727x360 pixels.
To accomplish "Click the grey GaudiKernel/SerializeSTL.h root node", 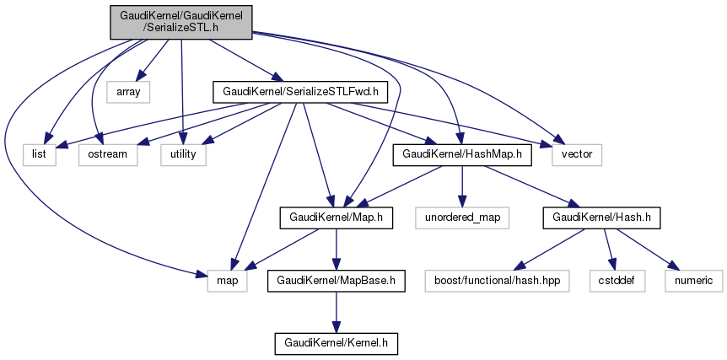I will point(180,22).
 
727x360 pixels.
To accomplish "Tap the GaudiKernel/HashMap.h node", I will point(462,154).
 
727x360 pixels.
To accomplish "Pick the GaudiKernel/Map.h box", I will point(337,218).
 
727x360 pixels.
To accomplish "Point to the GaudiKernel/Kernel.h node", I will point(337,344).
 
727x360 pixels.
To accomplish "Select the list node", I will point(40,154).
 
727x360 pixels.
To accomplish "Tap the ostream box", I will point(107,154).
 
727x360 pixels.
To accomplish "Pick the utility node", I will point(183,154).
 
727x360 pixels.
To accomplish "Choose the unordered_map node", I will point(462,218).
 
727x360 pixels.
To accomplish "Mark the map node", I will point(228,281).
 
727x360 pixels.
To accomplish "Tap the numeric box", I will point(693,281).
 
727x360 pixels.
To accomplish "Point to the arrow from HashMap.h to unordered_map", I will point(462,185).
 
